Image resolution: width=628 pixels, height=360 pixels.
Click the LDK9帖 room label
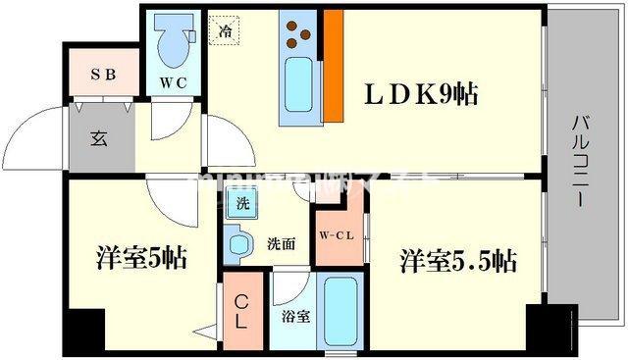(423, 94)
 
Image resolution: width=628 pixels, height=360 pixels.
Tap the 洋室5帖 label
(141, 259)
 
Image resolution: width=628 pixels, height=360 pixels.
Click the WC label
(174, 82)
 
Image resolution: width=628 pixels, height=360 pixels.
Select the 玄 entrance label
(99, 136)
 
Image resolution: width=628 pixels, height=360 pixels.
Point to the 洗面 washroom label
(283, 244)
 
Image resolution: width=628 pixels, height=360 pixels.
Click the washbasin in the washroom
(236, 244)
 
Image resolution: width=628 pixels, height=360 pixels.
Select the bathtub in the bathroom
(340, 310)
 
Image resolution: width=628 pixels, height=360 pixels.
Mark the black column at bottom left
(84, 330)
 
